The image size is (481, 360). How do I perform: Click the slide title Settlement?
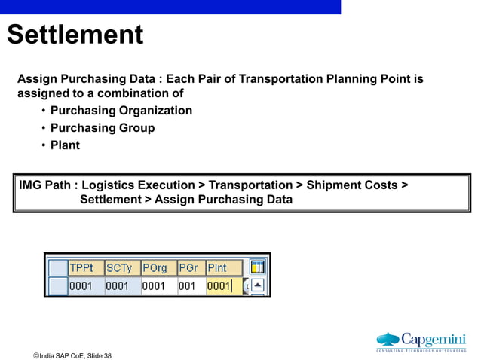(75, 35)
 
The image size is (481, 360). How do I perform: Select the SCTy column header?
(119, 268)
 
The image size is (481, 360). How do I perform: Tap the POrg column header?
(155, 268)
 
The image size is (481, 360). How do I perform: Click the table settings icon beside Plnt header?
(258, 267)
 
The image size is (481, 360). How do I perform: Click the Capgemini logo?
(421, 340)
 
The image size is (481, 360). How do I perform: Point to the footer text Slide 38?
(99, 355)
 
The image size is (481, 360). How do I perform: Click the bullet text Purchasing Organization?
(121, 111)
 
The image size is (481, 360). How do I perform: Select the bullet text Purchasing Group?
(102, 128)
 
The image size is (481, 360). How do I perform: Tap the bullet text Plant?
(65, 145)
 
